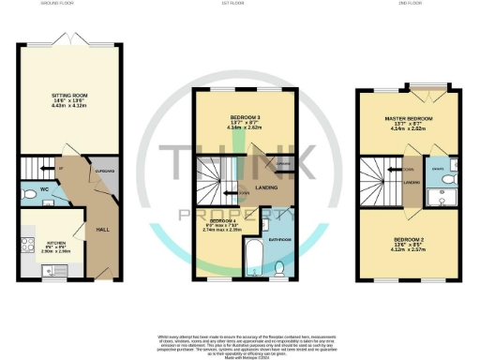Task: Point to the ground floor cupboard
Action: pyautogui.click(x=104, y=173)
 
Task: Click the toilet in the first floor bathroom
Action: pyautogui.click(x=280, y=267)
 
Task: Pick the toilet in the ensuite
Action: pyautogui.click(x=447, y=176)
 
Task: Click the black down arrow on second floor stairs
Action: pyautogui.click(x=392, y=170)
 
